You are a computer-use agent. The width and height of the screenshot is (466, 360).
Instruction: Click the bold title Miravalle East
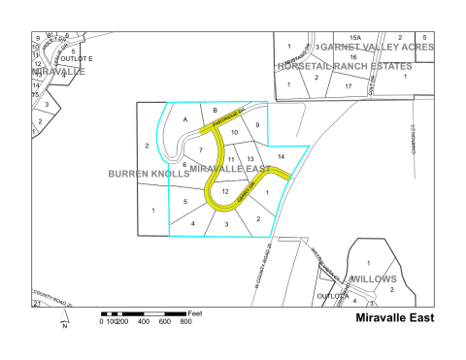[394, 316]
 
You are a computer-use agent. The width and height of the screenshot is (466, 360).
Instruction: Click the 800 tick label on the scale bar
[186, 321]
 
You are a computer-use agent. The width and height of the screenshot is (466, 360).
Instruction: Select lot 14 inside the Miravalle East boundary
[281, 156]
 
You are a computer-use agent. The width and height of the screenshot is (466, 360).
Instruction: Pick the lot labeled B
[216, 110]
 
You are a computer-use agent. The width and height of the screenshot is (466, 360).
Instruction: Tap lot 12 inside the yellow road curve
[225, 192]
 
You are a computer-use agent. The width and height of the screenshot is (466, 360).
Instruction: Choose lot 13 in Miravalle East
[250, 158]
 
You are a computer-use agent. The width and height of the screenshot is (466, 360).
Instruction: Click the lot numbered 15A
[354, 36]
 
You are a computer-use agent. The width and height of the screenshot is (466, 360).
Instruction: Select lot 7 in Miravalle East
[201, 150]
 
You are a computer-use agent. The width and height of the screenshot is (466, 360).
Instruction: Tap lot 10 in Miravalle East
[234, 131]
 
